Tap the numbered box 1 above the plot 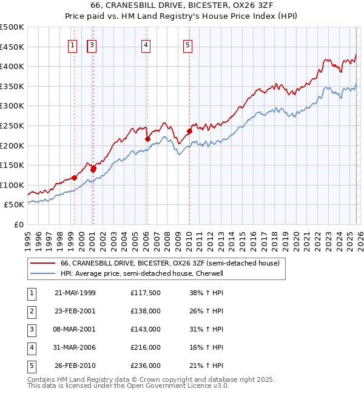[73, 44]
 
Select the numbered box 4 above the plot [147, 44]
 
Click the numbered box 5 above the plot [188, 44]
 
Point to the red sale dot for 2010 [189, 131]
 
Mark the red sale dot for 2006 [147, 139]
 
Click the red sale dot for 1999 [74, 178]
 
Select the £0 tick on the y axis [18, 224]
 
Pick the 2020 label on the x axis [295, 239]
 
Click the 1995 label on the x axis [28, 239]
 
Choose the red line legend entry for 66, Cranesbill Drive [170, 264]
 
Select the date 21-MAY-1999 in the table [75, 293]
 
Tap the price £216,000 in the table [145, 347]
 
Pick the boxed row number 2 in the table [30, 311]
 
